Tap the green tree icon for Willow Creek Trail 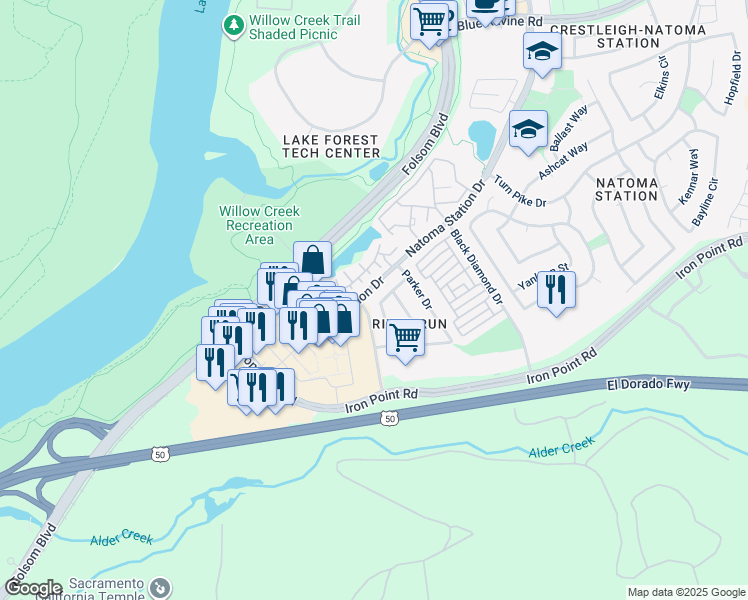233,25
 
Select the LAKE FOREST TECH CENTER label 331,146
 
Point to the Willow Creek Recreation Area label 259,225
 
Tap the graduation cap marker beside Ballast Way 528,129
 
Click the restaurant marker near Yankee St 556,290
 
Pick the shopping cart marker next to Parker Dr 405,337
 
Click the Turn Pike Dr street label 520,188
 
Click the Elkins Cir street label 662,76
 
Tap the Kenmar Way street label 690,177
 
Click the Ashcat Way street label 563,161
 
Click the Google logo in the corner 33,588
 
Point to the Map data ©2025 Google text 686,592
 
